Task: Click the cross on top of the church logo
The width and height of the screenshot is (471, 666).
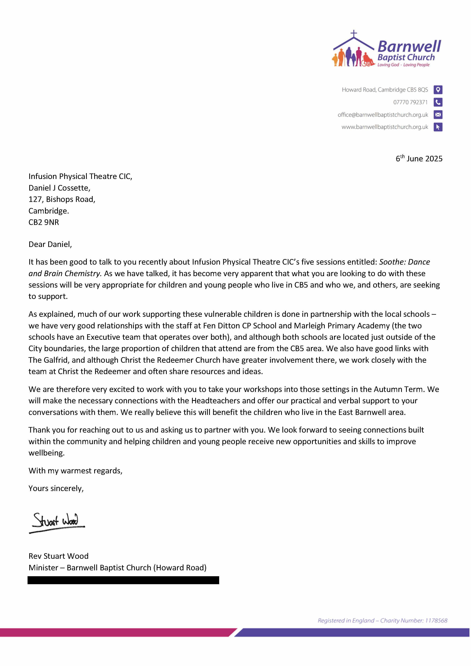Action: click(x=353, y=34)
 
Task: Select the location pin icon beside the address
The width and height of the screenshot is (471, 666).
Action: click(x=438, y=90)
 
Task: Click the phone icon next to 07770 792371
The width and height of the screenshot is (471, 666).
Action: click(x=438, y=102)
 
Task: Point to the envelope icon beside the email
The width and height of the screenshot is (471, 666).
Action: click(x=438, y=115)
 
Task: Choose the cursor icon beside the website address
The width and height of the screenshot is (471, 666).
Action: click(x=438, y=127)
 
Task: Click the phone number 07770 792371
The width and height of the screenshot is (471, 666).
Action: click(x=410, y=102)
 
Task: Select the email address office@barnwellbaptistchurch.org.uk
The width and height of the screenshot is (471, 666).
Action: click(x=382, y=115)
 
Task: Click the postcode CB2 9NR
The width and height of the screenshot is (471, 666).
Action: click(x=43, y=222)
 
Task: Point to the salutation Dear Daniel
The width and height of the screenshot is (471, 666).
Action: click(x=50, y=244)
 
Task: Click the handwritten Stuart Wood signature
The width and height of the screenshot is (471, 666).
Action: click(x=57, y=522)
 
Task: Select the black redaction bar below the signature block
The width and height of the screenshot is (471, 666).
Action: click(x=123, y=580)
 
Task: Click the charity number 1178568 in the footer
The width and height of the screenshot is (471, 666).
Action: click(x=436, y=620)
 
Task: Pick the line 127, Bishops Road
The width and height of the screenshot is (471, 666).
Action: click(x=62, y=199)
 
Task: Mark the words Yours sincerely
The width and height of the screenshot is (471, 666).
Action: click(x=56, y=489)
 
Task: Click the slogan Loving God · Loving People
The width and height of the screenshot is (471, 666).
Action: click(x=403, y=65)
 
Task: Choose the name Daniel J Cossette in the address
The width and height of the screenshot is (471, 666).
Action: click(x=59, y=188)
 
